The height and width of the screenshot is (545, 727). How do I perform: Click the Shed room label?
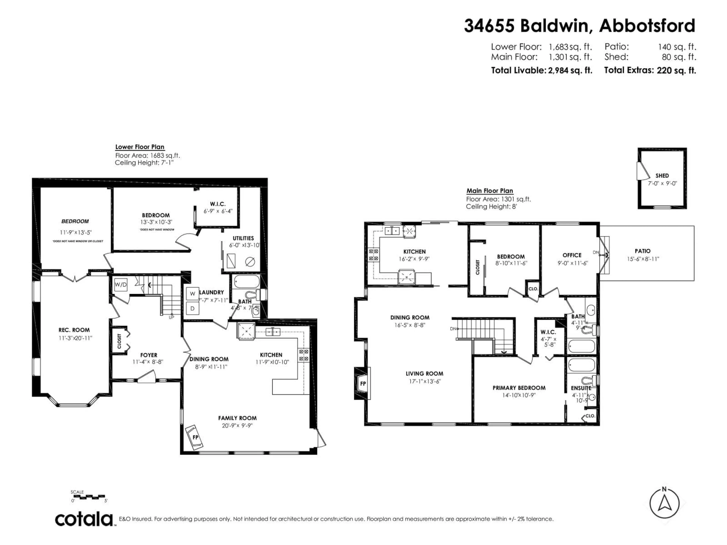click(x=662, y=176)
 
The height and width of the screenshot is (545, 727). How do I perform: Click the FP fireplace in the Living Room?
click(x=363, y=384)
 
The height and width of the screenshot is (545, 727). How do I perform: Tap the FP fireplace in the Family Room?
click(x=195, y=437)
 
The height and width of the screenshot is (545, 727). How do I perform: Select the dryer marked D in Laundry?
click(x=193, y=308)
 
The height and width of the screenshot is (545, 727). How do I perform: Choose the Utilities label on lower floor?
click(x=243, y=238)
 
